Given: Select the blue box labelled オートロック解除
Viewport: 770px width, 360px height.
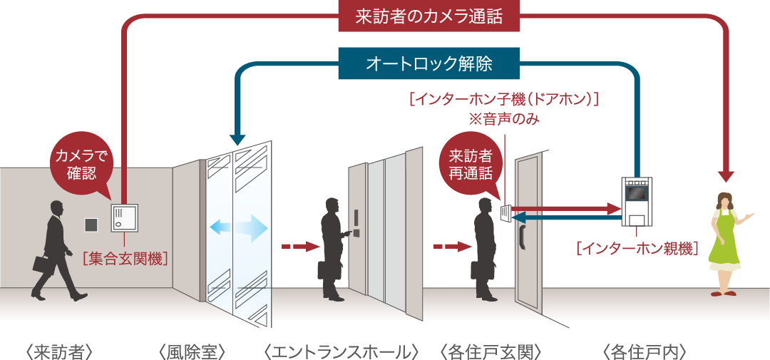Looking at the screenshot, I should [428, 63].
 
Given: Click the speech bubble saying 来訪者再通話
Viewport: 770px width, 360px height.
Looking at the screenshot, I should [471, 164].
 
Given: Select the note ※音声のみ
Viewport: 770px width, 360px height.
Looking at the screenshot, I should [503, 118].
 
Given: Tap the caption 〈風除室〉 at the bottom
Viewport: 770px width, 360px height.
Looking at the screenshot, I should [192, 351].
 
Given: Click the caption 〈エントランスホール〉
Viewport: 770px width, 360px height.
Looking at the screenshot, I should [340, 351].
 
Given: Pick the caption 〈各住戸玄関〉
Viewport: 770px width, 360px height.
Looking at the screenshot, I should [492, 351].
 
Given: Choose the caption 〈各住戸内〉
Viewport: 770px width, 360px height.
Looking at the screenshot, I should [645, 351].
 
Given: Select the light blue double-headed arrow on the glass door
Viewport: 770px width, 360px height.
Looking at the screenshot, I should [238, 229].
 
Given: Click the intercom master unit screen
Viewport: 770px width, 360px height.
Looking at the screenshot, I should [635, 192].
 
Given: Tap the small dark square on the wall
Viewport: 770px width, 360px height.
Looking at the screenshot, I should [91, 224].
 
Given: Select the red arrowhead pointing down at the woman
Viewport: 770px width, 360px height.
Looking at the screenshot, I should [726, 175].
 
